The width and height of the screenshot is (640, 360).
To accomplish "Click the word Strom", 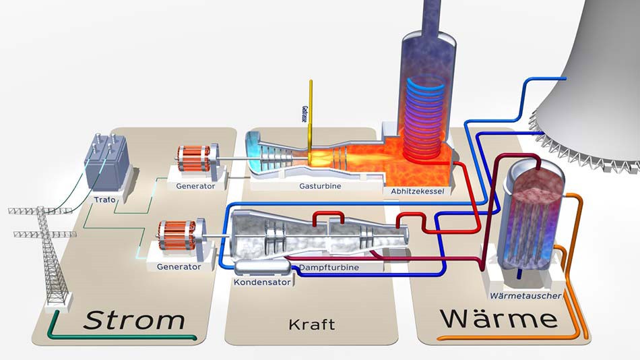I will pos(133,320).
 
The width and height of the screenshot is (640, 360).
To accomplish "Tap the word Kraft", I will pos(311,324).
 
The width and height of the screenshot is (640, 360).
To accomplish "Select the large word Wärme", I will pos(498,318).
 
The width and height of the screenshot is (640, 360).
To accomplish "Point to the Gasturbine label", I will pos(320,185).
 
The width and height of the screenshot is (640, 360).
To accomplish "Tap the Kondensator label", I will pos(262,282).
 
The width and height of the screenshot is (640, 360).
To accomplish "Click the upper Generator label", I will pos(195,186).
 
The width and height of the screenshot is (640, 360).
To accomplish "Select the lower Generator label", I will pos(178,267).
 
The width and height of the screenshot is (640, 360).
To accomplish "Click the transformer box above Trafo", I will pos(106,164).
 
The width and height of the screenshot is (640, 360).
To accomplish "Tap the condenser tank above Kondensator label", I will pos(262,268).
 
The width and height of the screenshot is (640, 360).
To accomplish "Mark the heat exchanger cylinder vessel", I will pos(532,216).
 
